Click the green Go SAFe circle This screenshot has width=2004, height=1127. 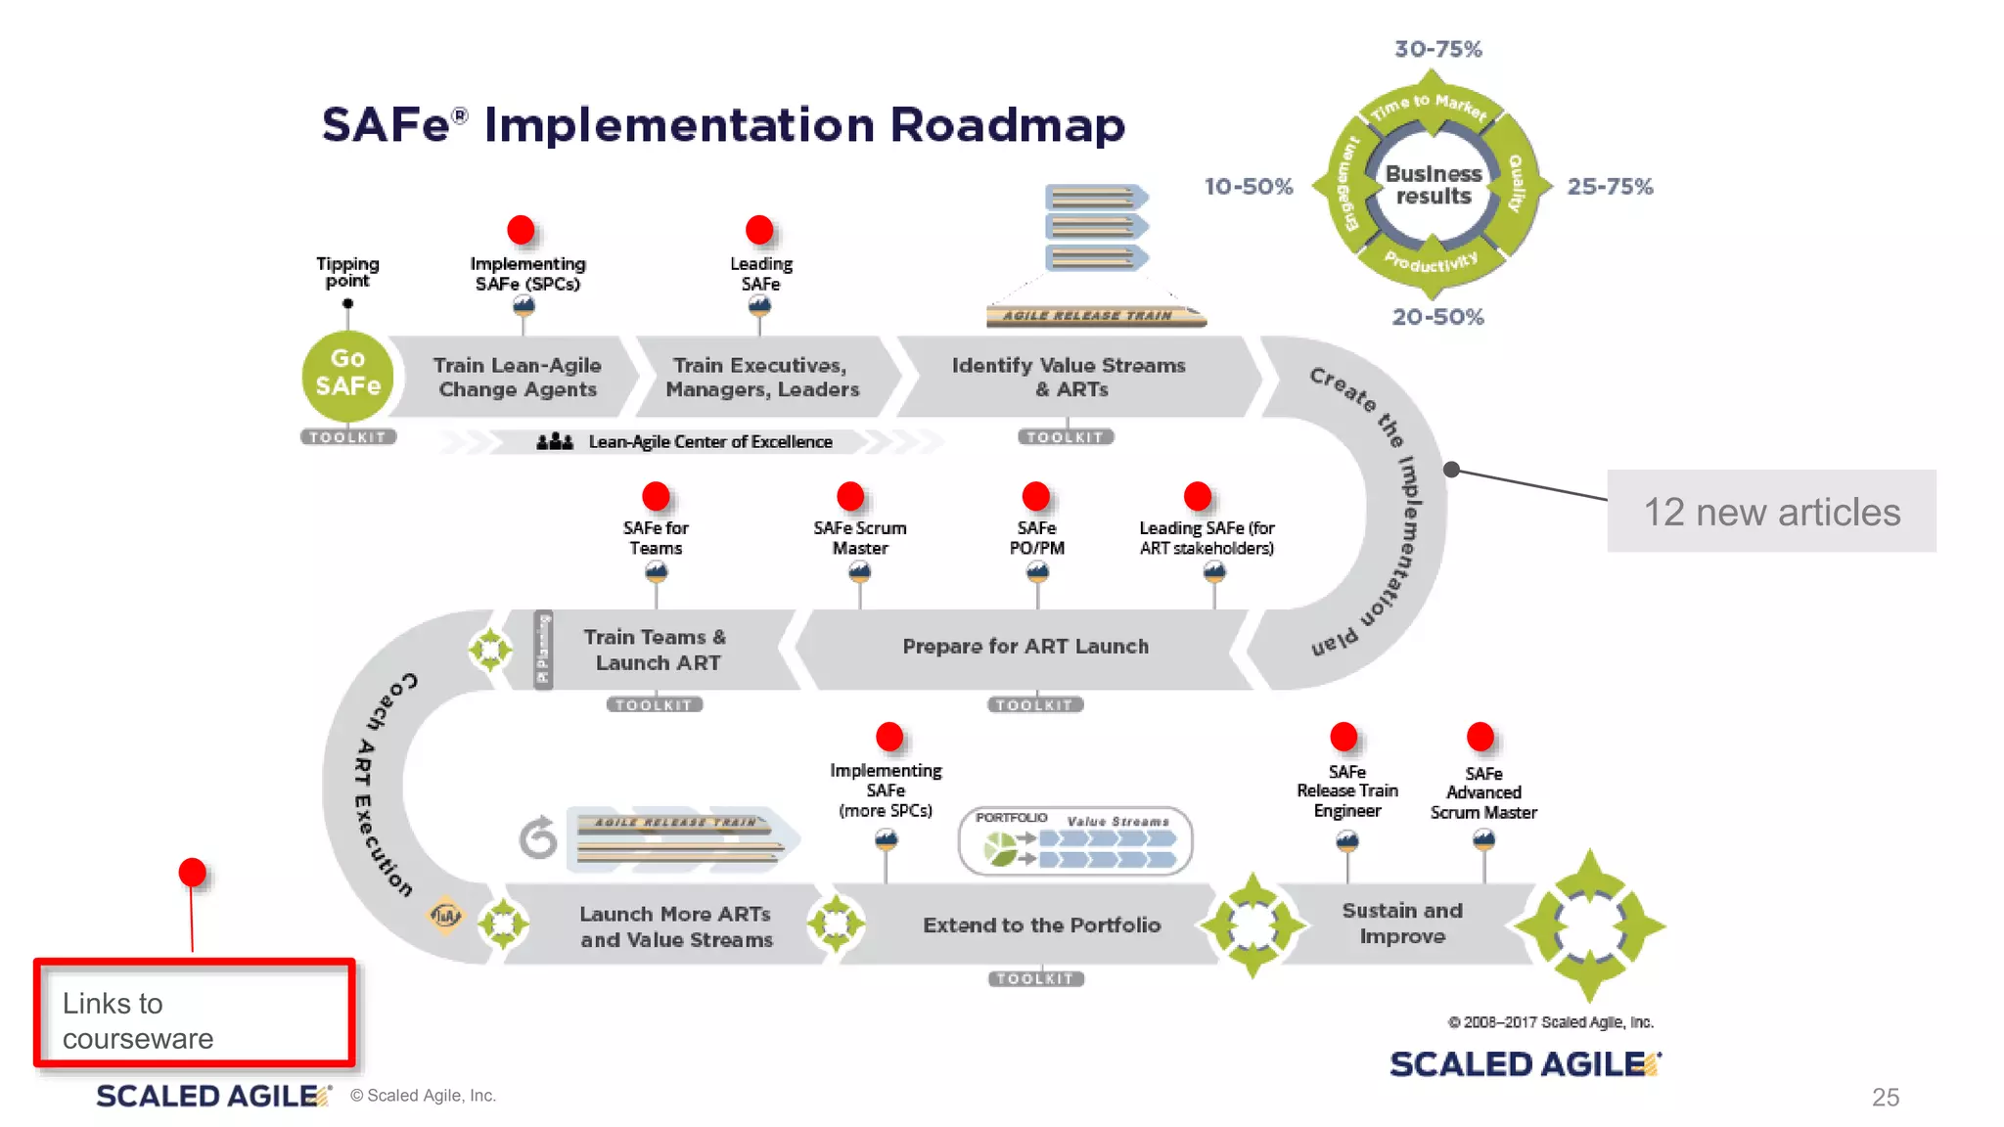click(347, 374)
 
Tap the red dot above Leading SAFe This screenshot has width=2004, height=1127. click(759, 230)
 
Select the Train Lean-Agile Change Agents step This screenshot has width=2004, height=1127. click(517, 378)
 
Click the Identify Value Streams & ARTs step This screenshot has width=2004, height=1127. click(1068, 378)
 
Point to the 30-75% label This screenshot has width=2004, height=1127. click(1437, 49)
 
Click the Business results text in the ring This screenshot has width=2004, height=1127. click(1433, 185)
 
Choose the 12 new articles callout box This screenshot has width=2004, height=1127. click(1770, 512)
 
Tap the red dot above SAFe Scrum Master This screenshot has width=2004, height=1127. click(850, 496)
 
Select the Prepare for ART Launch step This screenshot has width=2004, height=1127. click(1025, 647)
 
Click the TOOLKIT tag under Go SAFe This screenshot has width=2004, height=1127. click(347, 437)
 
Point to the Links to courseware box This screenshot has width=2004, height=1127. click(194, 1014)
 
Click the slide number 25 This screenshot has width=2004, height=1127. click(1885, 1098)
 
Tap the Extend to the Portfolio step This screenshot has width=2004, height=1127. click(1041, 925)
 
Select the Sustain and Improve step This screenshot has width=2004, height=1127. click(1401, 924)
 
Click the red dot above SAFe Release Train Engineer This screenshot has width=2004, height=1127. click(1344, 737)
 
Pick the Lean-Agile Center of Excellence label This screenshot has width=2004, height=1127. click(709, 442)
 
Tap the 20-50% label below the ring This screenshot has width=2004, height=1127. click(1437, 317)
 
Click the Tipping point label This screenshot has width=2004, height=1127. click(347, 272)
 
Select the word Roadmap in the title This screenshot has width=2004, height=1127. click(1007, 125)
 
